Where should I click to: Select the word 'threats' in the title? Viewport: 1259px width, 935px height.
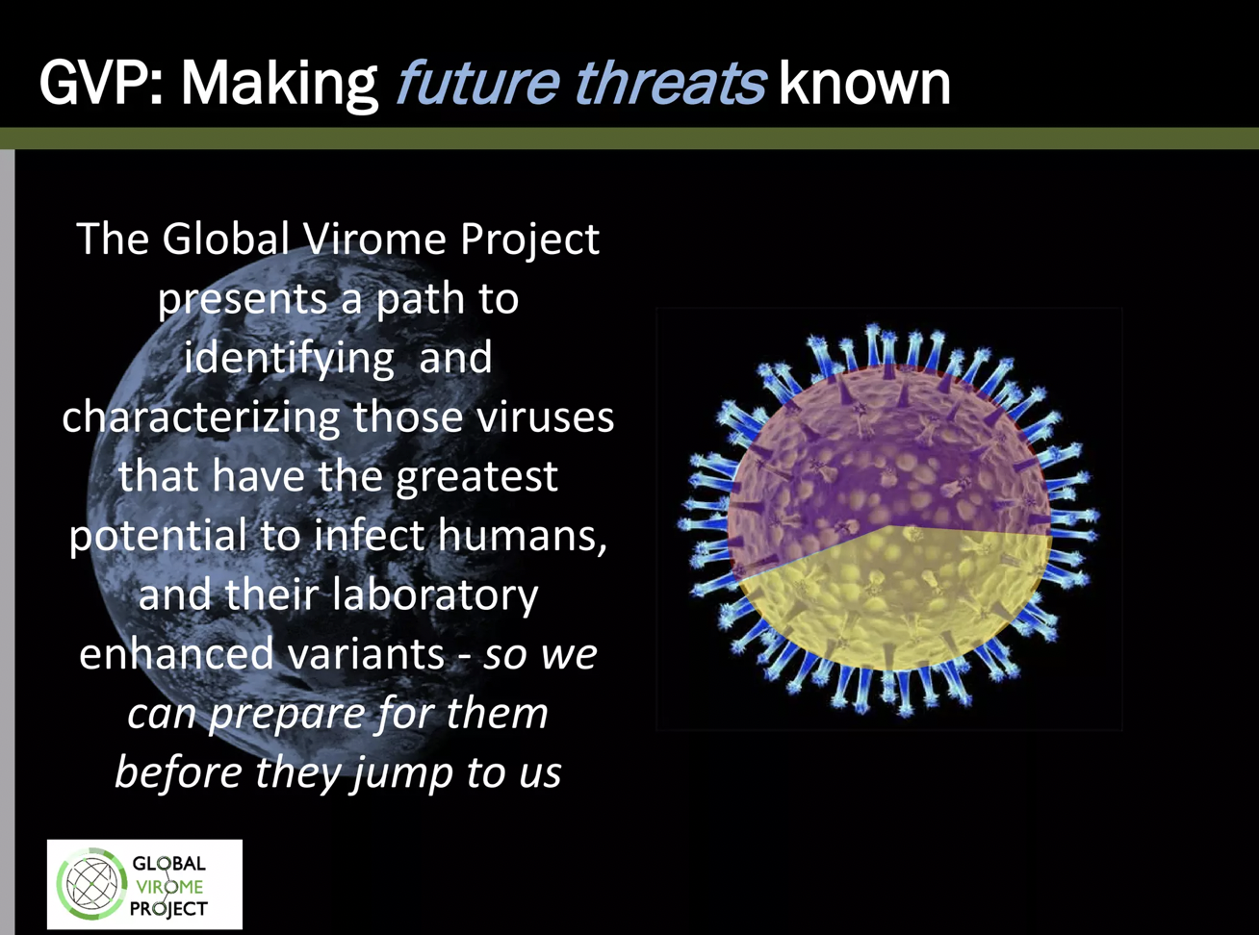click(671, 83)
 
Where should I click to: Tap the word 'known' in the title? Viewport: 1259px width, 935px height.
click(864, 83)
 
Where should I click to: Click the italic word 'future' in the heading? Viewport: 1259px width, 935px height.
click(478, 83)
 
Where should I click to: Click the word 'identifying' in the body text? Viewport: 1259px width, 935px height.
click(289, 359)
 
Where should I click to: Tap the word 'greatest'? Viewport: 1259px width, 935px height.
click(476, 477)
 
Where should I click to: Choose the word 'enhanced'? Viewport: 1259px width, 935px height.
click(176, 653)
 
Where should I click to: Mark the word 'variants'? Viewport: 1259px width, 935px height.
click(366, 655)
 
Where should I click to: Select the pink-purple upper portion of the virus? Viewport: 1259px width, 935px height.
click(886, 454)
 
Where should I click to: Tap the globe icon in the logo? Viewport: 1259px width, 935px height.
click(92, 884)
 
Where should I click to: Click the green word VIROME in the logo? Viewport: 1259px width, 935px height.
click(169, 886)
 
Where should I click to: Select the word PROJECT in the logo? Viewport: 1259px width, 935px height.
click(168, 908)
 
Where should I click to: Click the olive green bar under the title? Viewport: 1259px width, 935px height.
click(629, 139)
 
